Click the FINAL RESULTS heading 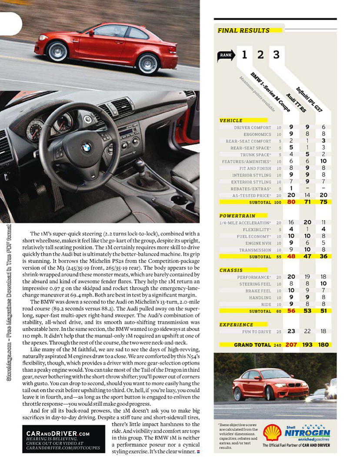point(243,30)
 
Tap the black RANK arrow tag point(226,55)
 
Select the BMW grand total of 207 point(291,345)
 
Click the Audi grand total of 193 point(307,345)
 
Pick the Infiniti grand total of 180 point(323,345)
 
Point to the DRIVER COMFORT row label point(253,128)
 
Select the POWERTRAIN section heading point(237,216)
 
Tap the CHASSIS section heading point(231,270)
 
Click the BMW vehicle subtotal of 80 point(291,202)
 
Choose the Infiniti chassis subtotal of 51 point(323,311)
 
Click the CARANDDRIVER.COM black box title point(58,433)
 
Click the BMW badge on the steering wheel point(87,148)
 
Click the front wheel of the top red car point(58,51)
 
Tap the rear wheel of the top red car point(148,63)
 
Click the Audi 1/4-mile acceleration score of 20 point(307,222)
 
